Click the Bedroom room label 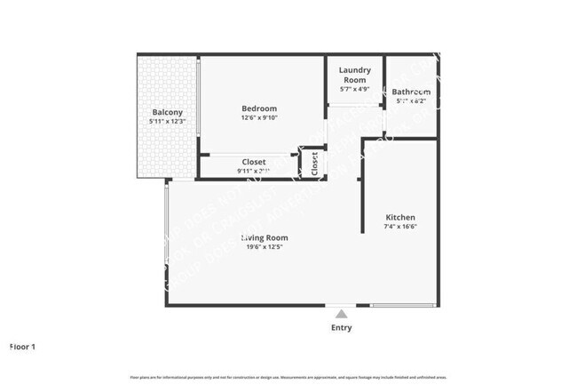(x=259, y=108)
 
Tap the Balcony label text (x=168, y=112)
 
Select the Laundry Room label (x=355, y=74)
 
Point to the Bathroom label (x=411, y=92)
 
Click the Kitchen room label (x=399, y=217)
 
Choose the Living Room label (x=265, y=237)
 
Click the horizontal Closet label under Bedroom (x=253, y=162)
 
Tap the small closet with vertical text (x=314, y=164)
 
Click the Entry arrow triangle (x=341, y=313)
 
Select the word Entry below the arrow (x=341, y=328)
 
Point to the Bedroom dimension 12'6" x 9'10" (x=259, y=118)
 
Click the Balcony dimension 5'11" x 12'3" (x=168, y=121)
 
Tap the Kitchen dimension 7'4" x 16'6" (x=399, y=227)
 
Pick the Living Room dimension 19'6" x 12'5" (x=266, y=248)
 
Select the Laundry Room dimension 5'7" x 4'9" (x=355, y=89)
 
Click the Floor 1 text (x=22, y=346)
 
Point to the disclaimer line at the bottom (x=288, y=377)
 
